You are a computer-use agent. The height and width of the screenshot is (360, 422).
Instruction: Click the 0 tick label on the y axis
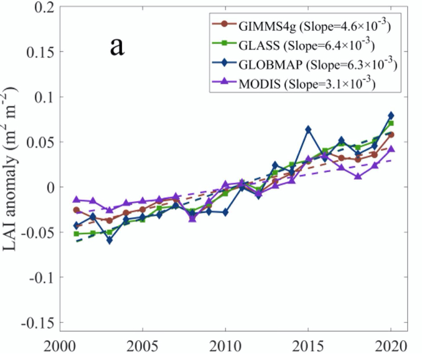[49, 187]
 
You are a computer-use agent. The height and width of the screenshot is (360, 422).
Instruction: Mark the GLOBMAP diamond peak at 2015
[308, 129]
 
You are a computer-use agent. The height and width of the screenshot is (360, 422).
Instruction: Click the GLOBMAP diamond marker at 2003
[109, 240]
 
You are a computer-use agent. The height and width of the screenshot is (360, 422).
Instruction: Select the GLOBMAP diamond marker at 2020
[391, 116]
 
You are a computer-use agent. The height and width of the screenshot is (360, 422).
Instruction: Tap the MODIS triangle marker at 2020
[391, 149]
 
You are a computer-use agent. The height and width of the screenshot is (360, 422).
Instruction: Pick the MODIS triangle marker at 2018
[357, 176]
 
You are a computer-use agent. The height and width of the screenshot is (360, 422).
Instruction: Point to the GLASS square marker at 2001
[76, 234]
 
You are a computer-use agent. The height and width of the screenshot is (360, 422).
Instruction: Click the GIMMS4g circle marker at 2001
[76, 210]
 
